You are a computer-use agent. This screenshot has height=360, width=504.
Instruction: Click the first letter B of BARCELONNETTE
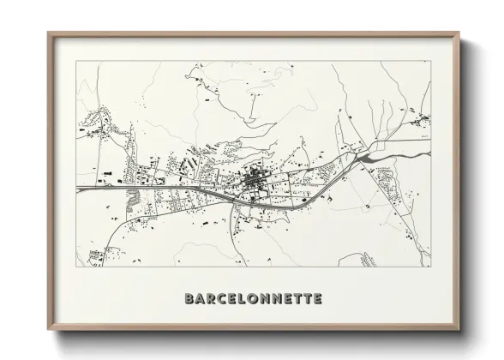[189, 299]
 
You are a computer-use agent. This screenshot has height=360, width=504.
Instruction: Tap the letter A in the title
[201, 299]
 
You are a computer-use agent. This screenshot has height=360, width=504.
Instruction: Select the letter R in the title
[212, 299]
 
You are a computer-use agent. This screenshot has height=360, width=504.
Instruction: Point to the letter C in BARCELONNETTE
[223, 299]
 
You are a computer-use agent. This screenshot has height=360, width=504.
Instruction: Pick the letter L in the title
[244, 299]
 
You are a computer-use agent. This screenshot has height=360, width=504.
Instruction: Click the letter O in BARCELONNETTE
[255, 299]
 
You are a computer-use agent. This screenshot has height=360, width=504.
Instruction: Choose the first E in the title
[234, 299]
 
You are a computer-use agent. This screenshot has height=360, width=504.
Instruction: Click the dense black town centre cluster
[255, 182]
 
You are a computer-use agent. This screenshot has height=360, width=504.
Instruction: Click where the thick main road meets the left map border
[77, 187]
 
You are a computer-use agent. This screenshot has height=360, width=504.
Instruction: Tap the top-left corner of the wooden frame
[47, 32]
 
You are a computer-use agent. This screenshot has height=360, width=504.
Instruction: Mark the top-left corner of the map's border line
[76, 60]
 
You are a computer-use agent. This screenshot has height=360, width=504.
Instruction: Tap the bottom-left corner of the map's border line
[76, 267]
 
